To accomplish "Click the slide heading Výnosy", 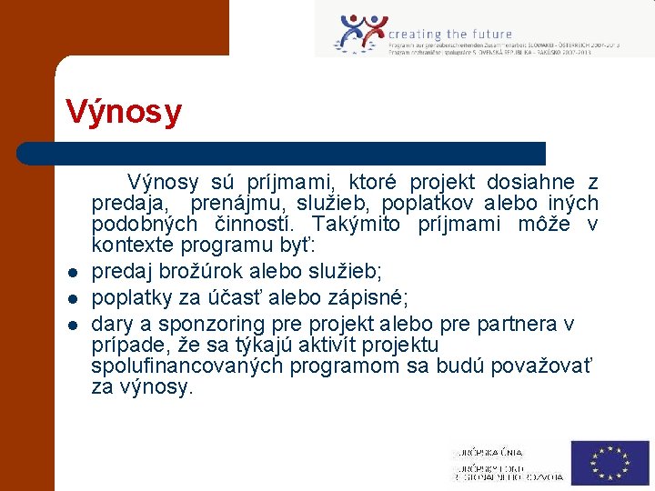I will pos(124,113).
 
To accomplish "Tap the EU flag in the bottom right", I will pos(610,462).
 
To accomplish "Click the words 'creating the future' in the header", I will pos(450,35).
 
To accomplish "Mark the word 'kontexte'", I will pos(128,245).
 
